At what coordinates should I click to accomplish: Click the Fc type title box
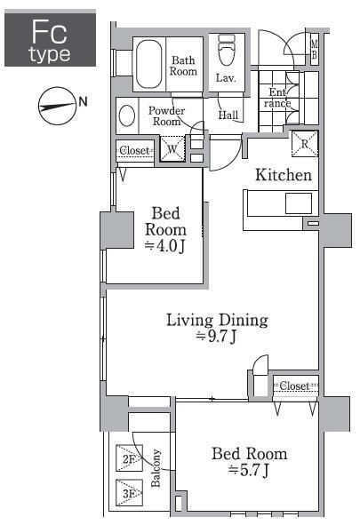51,38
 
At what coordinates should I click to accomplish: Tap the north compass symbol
57,106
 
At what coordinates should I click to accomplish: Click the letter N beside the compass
83,101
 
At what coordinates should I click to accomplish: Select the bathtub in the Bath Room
149,64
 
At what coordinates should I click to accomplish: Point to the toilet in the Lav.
227,50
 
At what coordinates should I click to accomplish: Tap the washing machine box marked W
172,147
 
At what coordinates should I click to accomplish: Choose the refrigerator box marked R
304,144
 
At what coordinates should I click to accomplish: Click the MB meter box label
314,49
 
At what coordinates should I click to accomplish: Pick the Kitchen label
284,175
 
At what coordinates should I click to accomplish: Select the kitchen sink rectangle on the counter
299,203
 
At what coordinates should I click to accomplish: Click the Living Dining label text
217,321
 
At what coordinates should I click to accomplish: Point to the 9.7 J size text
216,337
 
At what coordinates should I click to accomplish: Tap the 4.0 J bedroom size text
164,246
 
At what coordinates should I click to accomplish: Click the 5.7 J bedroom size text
248,470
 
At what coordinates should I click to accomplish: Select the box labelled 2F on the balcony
129,458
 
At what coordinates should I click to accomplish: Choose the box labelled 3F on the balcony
129,492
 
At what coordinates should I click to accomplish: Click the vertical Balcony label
156,468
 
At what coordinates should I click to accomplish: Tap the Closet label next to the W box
134,150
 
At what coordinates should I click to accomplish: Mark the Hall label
228,115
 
